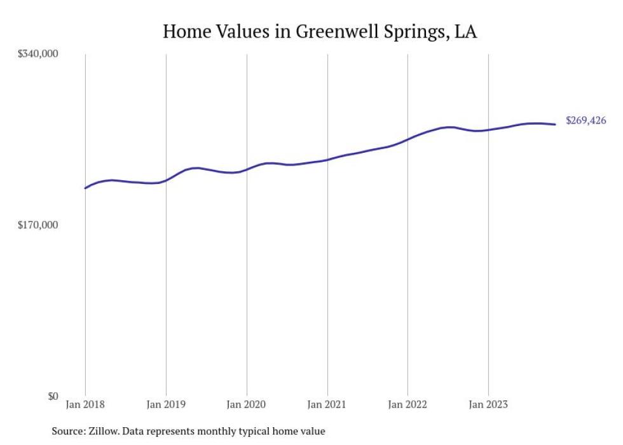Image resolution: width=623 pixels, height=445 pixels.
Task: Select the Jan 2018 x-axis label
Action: tap(85, 404)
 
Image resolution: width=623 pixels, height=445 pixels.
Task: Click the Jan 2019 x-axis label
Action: tap(166, 404)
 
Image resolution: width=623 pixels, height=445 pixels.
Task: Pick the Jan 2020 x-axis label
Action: tap(247, 404)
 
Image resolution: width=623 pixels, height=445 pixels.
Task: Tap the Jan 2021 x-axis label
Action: tap(327, 404)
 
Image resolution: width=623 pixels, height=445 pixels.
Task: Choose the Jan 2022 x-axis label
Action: tap(407, 404)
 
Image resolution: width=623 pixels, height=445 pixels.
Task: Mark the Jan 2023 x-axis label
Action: tap(488, 404)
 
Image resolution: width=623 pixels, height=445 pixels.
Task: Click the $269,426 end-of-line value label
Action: tap(585, 120)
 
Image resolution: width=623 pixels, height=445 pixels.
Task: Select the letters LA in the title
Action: tap(465, 31)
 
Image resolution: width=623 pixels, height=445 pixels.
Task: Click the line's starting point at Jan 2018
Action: tap(85, 188)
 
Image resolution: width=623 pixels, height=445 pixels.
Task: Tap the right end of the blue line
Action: tap(556, 124)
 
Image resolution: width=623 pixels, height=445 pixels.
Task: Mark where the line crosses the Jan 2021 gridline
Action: tap(327, 160)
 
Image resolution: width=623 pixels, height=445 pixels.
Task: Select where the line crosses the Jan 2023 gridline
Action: tap(488, 130)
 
